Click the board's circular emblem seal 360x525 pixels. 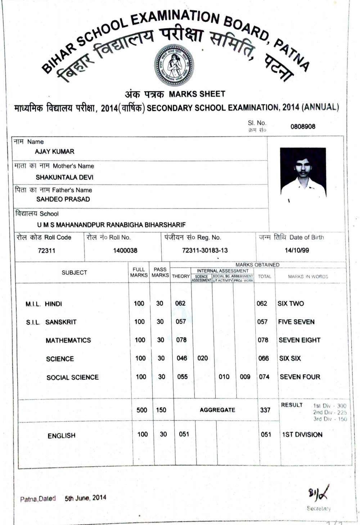pyautogui.click(x=174, y=65)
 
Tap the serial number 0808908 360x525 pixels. pyautogui.click(x=303, y=126)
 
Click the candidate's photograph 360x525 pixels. pyautogui.click(x=303, y=172)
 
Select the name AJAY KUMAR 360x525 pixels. pyautogui.click(x=54, y=152)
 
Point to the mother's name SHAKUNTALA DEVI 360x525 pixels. pyautogui.click(x=64, y=177)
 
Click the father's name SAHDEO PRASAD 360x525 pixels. pyautogui.click(x=63, y=199)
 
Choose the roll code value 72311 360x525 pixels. pyautogui.click(x=46, y=251)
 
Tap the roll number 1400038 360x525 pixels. pyautogui.click(x=125, y=250)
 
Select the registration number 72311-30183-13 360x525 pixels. pyautogui.click(x=205, y=250)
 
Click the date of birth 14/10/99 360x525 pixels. pyautogui.click(x=297, y=250)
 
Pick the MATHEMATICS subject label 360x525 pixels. pyautogui.click(x=68, y=340)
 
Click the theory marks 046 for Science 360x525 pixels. pyautogui.click(x=182, y=358)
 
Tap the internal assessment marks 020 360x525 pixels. pyautogui.click(x=203, y=358)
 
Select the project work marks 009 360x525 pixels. pyautogui.click(x=245, y=377)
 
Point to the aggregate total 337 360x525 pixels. pyautogui.click(x=265, y=410)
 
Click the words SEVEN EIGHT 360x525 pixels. pyautogui.click(x=299, y=340)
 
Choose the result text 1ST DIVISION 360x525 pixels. pyautogui.click(x=302, y=435)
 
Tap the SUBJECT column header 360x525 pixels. pyautogui.click(x=74, y=273)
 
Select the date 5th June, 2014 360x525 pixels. pyautogui.click(x=85, y=498)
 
